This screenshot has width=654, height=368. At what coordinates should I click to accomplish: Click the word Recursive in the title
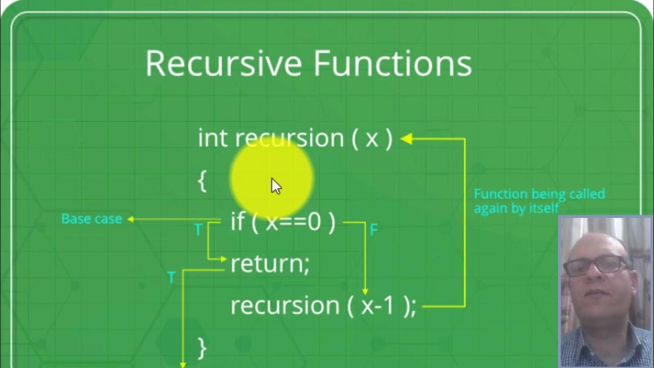tap(224, 63)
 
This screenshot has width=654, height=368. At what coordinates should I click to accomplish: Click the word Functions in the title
tap(392, 63)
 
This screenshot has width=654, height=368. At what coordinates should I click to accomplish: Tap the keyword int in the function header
tap(212, 139)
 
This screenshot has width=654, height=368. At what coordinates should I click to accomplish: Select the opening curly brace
tap(202, 181)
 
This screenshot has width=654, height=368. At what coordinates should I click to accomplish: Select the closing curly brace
tap(202, 348)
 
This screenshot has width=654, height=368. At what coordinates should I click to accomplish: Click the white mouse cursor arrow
tap(276, 186)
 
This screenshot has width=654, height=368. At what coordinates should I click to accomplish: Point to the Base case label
tap(91, 219)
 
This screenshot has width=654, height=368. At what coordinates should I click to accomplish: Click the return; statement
tap(270, 264)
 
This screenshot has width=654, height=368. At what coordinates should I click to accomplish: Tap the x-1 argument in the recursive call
tap(378, 306)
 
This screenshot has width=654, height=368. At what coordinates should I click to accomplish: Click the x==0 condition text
tap(293, 222)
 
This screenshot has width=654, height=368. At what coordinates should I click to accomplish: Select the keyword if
tap(238, 222)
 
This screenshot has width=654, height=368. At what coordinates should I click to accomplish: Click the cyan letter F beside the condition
tap(373, 230)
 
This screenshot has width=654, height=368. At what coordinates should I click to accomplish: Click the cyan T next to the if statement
tap(198, 230)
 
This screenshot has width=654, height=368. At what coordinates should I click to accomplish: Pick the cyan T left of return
tap(171, 278)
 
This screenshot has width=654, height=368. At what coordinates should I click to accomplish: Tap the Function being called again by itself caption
tap(539, 201)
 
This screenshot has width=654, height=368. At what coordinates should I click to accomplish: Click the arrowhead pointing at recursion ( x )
tap(406, 139)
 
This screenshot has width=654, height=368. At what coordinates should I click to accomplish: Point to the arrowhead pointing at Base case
tap(130, 219)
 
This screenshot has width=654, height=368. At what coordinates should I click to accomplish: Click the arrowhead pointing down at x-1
tap(365, 291)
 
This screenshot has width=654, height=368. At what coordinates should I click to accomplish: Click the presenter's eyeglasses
tap(596, 265)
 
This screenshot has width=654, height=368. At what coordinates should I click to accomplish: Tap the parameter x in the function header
tap(372, 139)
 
